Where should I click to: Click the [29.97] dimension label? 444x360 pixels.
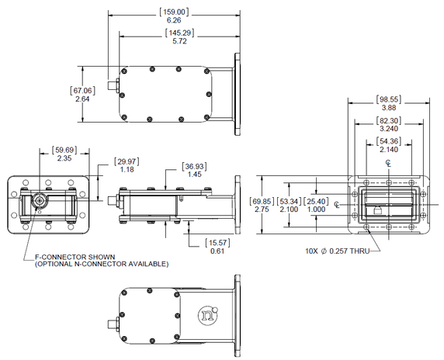(x=127, y=161)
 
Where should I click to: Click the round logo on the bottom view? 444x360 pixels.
(x=206, y=315)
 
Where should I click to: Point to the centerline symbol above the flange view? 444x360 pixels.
(x=388, y=164)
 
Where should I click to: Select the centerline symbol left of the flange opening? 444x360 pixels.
(x=336, y=205)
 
